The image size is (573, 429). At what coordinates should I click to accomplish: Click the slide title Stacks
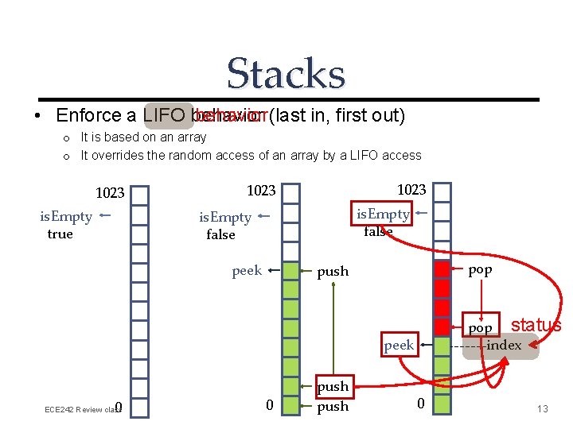(x=286, y=74)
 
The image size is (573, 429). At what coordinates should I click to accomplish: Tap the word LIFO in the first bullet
(x=166, y=116)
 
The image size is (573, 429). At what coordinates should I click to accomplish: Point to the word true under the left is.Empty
(x=60, y=234)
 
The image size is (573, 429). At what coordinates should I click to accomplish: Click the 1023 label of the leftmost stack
(x=110, y=193)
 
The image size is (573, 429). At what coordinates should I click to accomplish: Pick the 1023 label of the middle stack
(x=261, y=191)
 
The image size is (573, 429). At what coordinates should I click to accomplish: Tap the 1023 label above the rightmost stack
(x=411, y=189)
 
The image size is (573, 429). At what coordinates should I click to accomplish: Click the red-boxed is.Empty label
(x=383, y=213)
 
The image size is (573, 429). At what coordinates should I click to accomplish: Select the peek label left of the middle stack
(x=247, y=271)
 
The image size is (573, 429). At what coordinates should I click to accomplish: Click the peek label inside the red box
(x=399, y=345)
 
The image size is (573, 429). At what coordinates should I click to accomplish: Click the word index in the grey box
(x=504, y=345)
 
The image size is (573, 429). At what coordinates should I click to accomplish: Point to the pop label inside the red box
(x=480, y=328)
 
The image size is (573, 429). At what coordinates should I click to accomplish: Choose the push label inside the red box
(x=333, y=387)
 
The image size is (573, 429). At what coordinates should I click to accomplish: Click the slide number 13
(x=543, y=409)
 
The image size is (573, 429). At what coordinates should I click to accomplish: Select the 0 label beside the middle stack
(x=269, y=406)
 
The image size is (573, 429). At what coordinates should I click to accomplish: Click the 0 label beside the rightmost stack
(x=421, y=404)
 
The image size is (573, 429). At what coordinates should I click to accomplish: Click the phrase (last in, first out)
(x=337, y=116)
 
